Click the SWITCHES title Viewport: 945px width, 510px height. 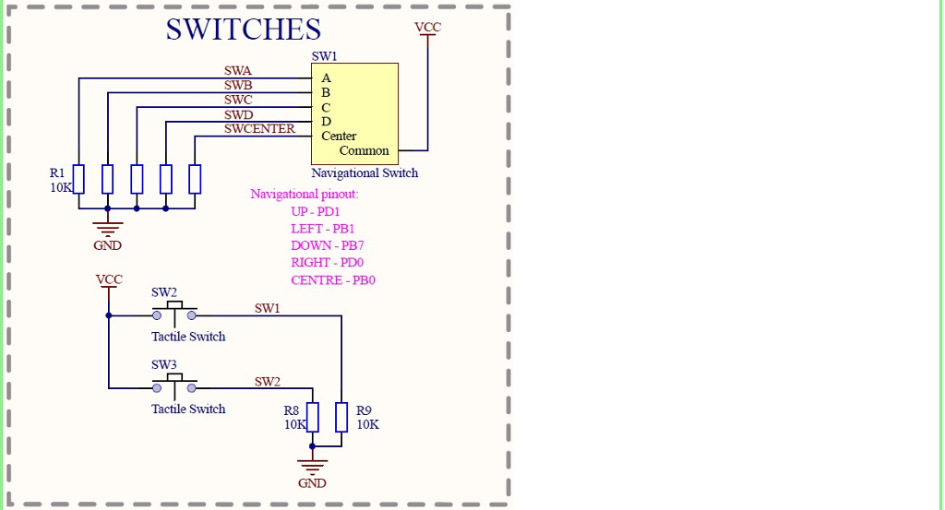tap(244, 29)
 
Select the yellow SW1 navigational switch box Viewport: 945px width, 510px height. tap(354, 113)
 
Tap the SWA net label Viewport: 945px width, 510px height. tap(237, 70)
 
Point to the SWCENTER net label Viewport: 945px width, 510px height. tap(259, 128)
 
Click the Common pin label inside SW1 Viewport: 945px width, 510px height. tap(364, 150)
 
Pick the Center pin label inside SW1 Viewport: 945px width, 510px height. tap(339, 136)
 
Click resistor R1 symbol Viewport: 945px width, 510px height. tap(78, 179)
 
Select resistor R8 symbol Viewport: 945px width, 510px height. tap(312, 417)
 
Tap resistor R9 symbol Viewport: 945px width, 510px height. tap(341, 417)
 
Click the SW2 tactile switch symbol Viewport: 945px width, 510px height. tap(174, 314)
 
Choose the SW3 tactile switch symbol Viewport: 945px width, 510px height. tap(174, 385)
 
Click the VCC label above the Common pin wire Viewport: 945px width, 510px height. tap(427, 27)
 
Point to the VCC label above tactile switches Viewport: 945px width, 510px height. tap(109, 279)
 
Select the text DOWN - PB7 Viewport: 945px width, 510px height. tap(328, 245)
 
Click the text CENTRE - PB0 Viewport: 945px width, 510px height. tap(332, 280)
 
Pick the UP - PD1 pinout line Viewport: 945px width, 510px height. tap(316, 211)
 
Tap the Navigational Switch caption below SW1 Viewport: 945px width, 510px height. tap(365, 172)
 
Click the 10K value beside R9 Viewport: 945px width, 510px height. tap(367, 424)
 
